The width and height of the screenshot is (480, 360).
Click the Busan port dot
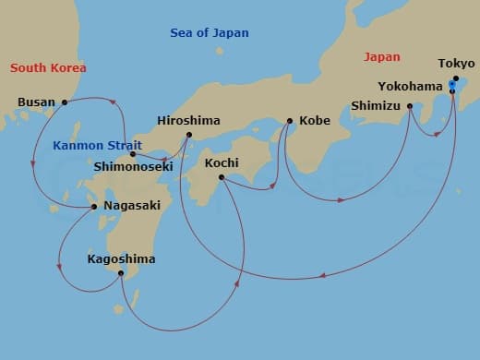tap(64, 102)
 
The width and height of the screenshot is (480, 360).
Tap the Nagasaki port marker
tap(94, 207)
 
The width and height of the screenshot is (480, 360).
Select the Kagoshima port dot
tap(120, 273)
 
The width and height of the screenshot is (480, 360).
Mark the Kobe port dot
tap(290, 121)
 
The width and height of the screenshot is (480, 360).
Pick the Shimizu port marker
tap(410, 106)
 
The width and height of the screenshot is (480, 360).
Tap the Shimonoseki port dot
tap(133, 154)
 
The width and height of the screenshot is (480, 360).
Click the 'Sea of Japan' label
tap(209, 33)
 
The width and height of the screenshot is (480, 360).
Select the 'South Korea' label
tap(48, 68)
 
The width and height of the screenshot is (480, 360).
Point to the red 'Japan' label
tap(382, 56)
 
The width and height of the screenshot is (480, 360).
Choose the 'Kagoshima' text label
tap(121, 259)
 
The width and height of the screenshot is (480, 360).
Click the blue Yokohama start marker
tap(451, 86)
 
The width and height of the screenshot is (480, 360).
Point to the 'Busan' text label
tap(36, 102)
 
